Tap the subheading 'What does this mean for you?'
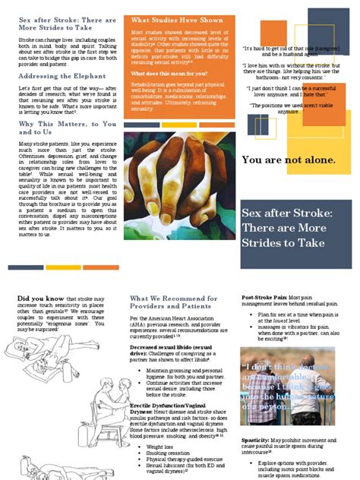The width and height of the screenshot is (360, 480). coord(169,73)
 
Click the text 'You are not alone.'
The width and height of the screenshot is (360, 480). coord(289,160)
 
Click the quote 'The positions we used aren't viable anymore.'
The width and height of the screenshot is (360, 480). coord(292,108)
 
